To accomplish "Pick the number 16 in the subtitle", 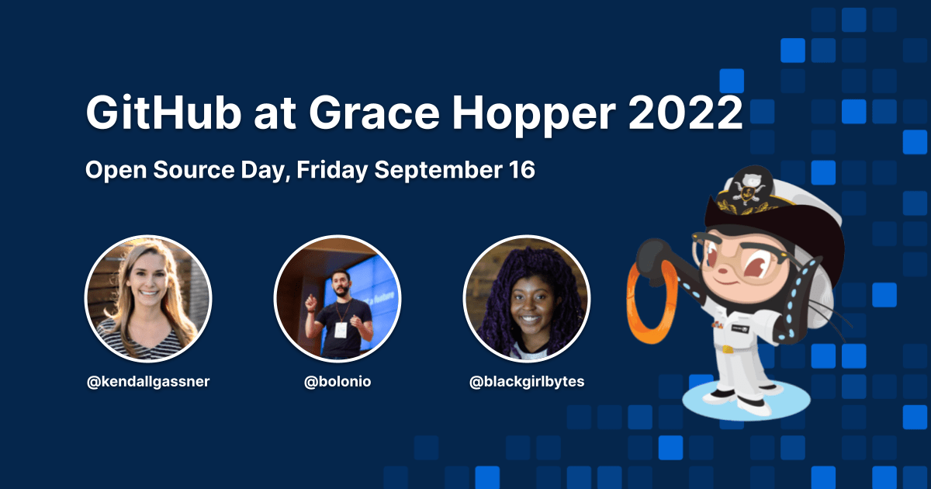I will point(521,170).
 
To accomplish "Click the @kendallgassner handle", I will point(148,382).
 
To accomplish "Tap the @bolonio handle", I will point(337,382).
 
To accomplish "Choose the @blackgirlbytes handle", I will point(527,382).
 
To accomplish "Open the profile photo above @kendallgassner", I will point(148,300).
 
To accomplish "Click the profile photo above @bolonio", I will point(337,300).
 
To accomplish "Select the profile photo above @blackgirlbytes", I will point(527,300).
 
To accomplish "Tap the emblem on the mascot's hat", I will point(744,189).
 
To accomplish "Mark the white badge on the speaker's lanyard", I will point(339,329).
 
